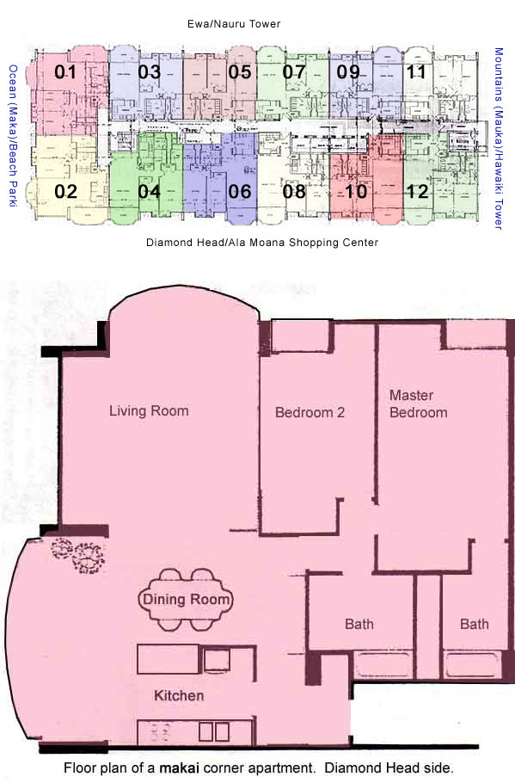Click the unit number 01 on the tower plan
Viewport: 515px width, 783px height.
tap(65, 72)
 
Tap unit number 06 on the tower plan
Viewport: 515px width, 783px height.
tap(240, 191)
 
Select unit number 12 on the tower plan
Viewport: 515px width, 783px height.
tap(417, 191)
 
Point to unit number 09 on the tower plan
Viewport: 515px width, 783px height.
tap(348, 72)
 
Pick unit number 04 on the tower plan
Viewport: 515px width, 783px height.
tap(150, 191)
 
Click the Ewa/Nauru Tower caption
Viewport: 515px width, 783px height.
tap(234, 23)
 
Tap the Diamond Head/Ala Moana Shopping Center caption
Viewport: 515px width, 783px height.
tap(262, 242)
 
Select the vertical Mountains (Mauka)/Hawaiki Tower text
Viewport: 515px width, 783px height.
tap(498, 139)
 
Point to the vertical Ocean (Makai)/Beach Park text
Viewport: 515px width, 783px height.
tap(13, 135)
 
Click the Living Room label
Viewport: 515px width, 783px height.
tap(150, 411)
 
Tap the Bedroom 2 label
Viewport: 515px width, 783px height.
tap(310, 412)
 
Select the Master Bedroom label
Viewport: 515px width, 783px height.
tap(418, 404)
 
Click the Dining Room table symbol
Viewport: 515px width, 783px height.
tap(186, 599)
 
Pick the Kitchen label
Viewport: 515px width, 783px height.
tap(179, 695)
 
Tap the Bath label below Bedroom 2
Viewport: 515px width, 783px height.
tap(359, 624)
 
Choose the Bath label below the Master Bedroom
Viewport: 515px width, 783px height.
tap(474, 624)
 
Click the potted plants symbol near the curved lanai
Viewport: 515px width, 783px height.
tap(78, 555)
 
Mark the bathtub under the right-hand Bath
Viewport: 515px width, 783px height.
tap(472, 664)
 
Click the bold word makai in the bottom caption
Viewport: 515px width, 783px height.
tap(179, 768)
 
